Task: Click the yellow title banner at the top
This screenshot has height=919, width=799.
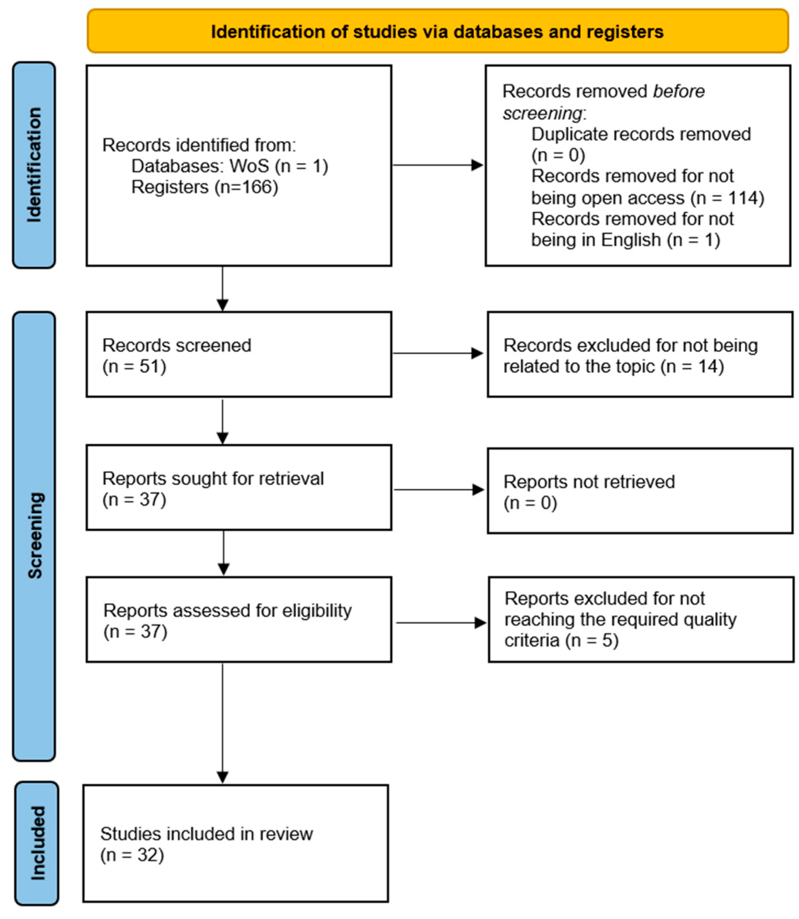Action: point(437,31)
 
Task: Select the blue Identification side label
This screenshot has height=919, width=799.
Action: point(34,165)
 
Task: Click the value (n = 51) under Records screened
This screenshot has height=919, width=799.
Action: point(134,367)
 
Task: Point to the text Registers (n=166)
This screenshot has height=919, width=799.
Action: point(205,187)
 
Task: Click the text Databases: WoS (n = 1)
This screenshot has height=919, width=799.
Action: point(230,166)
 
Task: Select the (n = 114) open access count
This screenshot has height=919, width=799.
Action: point(727,198)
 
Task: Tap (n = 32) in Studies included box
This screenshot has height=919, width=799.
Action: point(132,855)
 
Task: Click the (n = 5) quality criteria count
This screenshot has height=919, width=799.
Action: point(592,640)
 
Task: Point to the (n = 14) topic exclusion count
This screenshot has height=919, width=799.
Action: point(692,367)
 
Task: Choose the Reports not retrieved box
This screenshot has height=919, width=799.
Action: point(640,490)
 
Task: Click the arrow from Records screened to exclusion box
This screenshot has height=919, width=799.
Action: point(438,354)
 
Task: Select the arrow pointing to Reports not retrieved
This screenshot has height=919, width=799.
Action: point(439,490)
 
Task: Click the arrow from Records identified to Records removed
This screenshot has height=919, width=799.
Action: point(438,165)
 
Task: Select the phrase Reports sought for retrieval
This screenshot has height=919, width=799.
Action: point(213,479)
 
